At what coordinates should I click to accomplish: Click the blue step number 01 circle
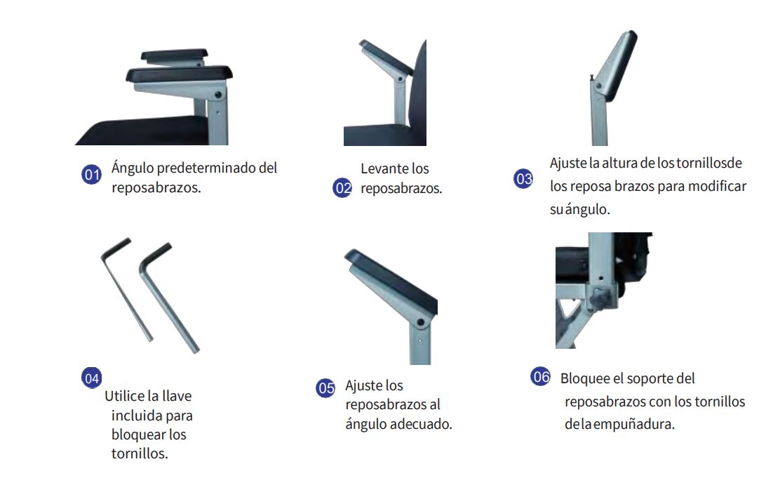click(91, 175)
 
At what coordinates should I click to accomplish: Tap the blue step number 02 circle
click(342, 187)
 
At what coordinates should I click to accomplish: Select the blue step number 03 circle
click(524, 179)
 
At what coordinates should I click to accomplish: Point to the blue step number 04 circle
click(91, 378)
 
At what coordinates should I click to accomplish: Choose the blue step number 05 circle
click(326, 388)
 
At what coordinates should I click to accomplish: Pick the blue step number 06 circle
click(541, 376)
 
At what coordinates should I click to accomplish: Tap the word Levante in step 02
click(384, 168)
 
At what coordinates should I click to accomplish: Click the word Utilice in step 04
click(124, 396)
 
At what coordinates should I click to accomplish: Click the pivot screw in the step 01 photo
click(218, 94)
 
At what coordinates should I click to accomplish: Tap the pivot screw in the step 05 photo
click(420, 323)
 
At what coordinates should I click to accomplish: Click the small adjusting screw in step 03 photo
click(592, 77)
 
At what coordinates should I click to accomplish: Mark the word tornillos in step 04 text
click(139, 453)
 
